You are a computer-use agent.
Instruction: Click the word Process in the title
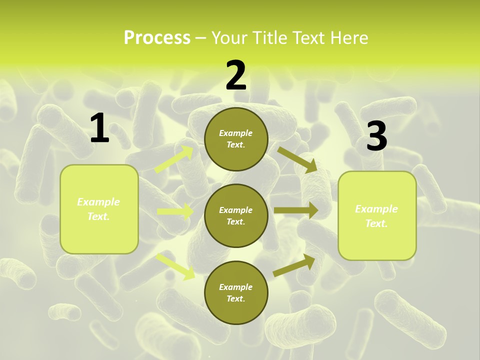157,38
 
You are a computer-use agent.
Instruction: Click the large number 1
99,128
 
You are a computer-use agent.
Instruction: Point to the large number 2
236,75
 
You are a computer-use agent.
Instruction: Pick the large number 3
376,136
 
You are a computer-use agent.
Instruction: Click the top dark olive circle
236,139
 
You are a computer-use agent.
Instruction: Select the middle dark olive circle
236,216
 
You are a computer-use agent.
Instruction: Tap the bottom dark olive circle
236,292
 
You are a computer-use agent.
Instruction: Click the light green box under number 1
99,209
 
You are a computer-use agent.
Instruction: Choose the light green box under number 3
377,216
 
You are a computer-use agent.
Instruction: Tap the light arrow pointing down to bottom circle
175,266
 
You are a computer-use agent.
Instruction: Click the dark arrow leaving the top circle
297,159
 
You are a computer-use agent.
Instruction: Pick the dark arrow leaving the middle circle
295,210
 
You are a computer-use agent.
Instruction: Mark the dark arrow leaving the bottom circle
294,265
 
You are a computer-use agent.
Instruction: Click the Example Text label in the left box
98,209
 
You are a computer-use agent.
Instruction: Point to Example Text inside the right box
376,216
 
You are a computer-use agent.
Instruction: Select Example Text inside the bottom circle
235,292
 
